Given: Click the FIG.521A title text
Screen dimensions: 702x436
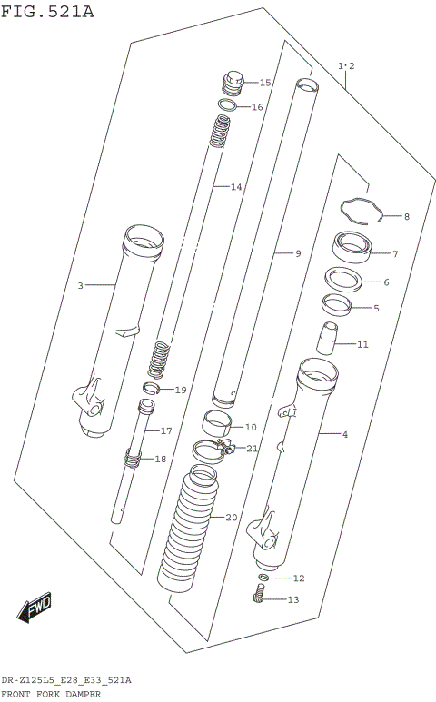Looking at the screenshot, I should click(x=47, y=11).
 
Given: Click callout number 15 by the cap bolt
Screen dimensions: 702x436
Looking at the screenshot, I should click(x=265, y=83).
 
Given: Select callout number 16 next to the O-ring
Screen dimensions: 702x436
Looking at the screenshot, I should click(x=257, y=107).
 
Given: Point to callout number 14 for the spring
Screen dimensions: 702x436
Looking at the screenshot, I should click(x=236, y=188).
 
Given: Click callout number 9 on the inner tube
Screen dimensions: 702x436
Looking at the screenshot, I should click(x=297, y=253).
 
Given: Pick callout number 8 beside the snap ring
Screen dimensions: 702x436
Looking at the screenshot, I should click(x=406, y=217).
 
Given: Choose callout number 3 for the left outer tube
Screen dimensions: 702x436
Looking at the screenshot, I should click(x=80, y=286).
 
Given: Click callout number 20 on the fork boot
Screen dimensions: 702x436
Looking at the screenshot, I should click(x=232, y=518).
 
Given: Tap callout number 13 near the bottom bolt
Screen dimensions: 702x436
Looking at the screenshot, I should click(x=292, y=599).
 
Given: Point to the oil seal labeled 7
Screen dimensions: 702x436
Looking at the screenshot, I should click(x=351, y=245).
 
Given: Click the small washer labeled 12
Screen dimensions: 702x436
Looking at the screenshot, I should click(x=263, y=578).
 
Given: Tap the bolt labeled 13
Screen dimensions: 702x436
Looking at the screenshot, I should click(x=260, y=597).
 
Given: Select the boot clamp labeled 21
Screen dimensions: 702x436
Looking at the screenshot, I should click(x=213, y=447).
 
